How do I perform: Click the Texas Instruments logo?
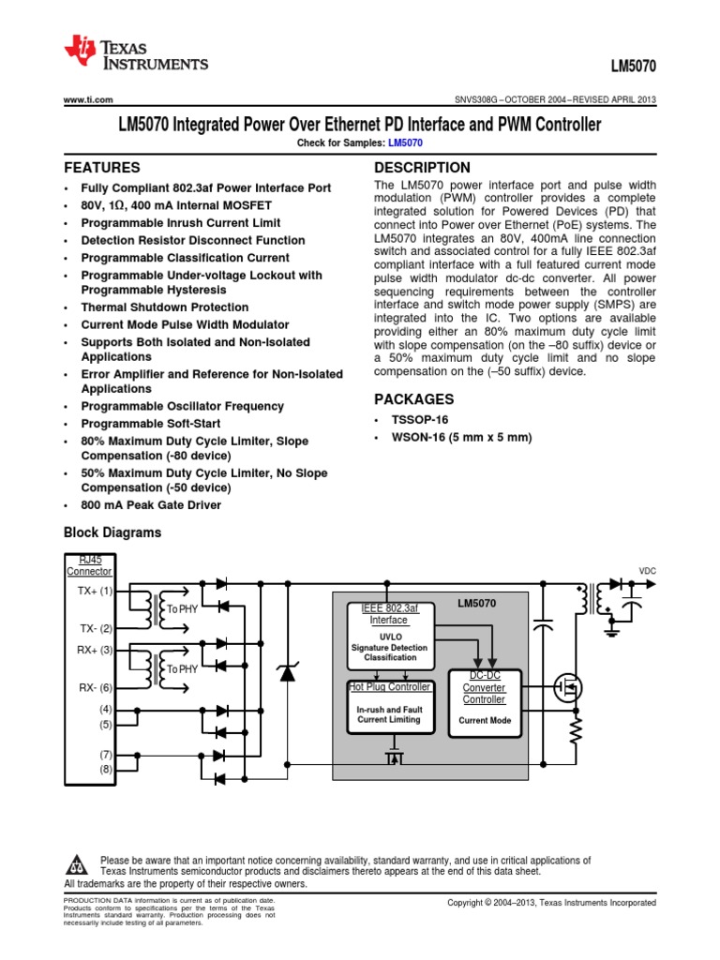click(x=135, y=54)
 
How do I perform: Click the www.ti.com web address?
click(x=88, y=99)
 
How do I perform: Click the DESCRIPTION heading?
click(x=422, y=168)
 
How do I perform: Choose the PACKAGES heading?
click(x=413, y=398)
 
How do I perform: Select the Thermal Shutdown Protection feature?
click(x=164, y=307)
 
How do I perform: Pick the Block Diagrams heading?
click(x=112, y=532)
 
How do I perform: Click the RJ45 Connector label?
click(x=90, y=565)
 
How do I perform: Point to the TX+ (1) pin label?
click(x=95, y=592)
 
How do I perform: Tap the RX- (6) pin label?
click(x=95, y=688)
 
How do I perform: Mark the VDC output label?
click(x=648, y=570)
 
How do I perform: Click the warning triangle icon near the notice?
click(x=79, y=864)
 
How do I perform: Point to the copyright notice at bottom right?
click(x=551, y=903)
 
